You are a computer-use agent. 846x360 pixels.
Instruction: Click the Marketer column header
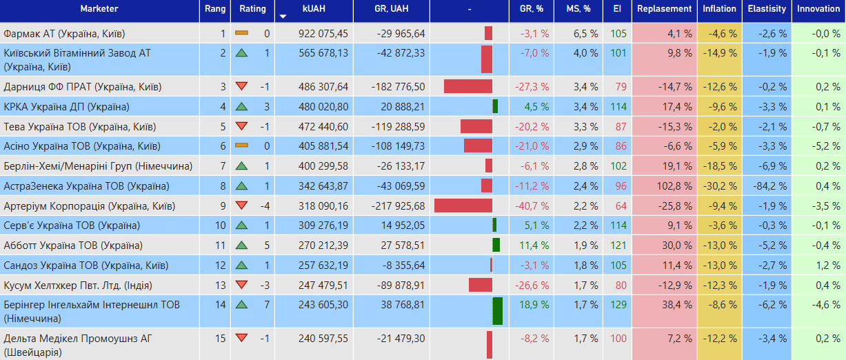[x=99, y=9]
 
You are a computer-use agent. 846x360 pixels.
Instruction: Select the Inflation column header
[x=719, y=9]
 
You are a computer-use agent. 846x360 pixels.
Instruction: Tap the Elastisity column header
[x=767, y=9]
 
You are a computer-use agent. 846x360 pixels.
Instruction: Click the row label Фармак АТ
[x=64, y=33]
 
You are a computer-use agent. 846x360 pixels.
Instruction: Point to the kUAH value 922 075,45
[x=323, y=33]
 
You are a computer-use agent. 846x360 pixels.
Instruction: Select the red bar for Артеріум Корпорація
[x=463, y=206]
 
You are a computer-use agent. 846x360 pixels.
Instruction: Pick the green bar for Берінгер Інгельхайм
[x=498, y=311]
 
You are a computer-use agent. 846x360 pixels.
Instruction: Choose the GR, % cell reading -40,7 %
[x=534, y=206]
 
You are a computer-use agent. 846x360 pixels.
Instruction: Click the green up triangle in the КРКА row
[x=241, y=107]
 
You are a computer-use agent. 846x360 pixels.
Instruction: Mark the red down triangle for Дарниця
[x=241, y=86]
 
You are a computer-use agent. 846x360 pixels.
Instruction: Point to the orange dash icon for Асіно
[x=241, y=146]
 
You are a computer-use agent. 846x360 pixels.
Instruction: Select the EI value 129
[x=618, y=305]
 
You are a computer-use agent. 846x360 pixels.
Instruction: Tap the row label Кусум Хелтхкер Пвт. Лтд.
[x=78, y=286]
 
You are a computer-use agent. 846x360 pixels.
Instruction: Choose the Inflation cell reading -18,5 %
[x=719, y=166]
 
